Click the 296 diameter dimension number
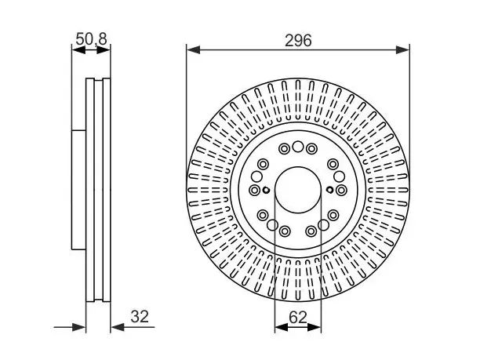(x=298, y=41)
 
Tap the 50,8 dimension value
(x=91, y=39)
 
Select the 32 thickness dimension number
(x=140, y=317)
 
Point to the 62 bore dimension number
(x=298, y=317)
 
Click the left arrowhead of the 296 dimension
(x=193, y=50)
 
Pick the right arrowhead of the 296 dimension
(x=402, y=50)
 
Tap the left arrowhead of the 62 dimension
(x=282, y=327)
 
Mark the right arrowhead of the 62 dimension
(x=314, y=327)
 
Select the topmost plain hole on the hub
(x=297, y=147)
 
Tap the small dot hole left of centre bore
(x=267, y=190)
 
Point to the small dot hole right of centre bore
(x=329, y=190)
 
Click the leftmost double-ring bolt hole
(x=254, y=190)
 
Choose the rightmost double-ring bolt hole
(x=341, y=190)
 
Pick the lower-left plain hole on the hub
(x=272, y=225)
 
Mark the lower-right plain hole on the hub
(x=323, y=225)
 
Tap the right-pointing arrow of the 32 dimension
(x=78, y=327)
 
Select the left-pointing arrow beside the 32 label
(x=118, y=327)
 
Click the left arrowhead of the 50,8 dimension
(x=78, y=50)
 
